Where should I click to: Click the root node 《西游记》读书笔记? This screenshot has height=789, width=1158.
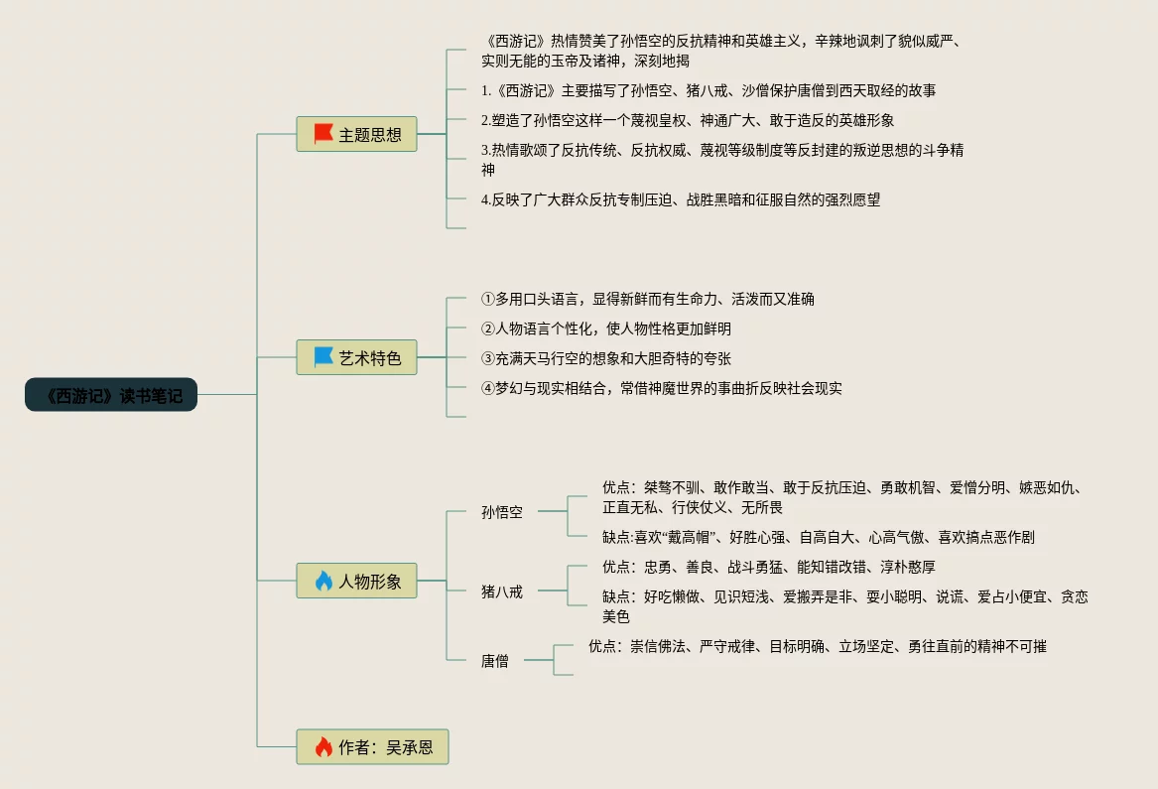pos(111,395)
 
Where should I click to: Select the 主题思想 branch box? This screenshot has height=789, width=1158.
pos(356,134)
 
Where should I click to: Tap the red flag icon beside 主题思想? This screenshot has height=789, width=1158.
pos(323,134)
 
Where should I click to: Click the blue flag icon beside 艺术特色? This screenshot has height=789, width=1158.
pos(323,357)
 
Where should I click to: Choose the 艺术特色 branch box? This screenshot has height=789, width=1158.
pos(356,357)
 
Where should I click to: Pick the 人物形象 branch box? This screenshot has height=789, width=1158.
pos(356,581)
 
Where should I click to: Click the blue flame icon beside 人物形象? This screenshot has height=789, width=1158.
pos(323,581)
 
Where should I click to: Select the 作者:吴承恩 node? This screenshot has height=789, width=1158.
pos(372,746)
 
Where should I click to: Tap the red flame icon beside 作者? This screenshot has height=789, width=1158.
pos(323,746)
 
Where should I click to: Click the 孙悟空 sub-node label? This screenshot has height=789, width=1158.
pos(501,512)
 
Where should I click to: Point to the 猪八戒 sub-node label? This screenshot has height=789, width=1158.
pos(501,591)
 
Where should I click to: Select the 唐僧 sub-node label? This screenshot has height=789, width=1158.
pos(494,660)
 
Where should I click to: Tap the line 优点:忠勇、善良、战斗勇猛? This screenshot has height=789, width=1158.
pos(768,567)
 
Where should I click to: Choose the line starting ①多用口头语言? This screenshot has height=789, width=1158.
pos(647,299)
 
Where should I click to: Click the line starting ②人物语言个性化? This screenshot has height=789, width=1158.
pos(605,329)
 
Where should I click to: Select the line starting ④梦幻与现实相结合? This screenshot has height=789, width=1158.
pos(661,388)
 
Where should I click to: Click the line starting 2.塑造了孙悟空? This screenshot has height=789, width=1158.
pos(687,120)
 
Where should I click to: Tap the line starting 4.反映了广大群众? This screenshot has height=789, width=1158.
pos(680,199)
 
